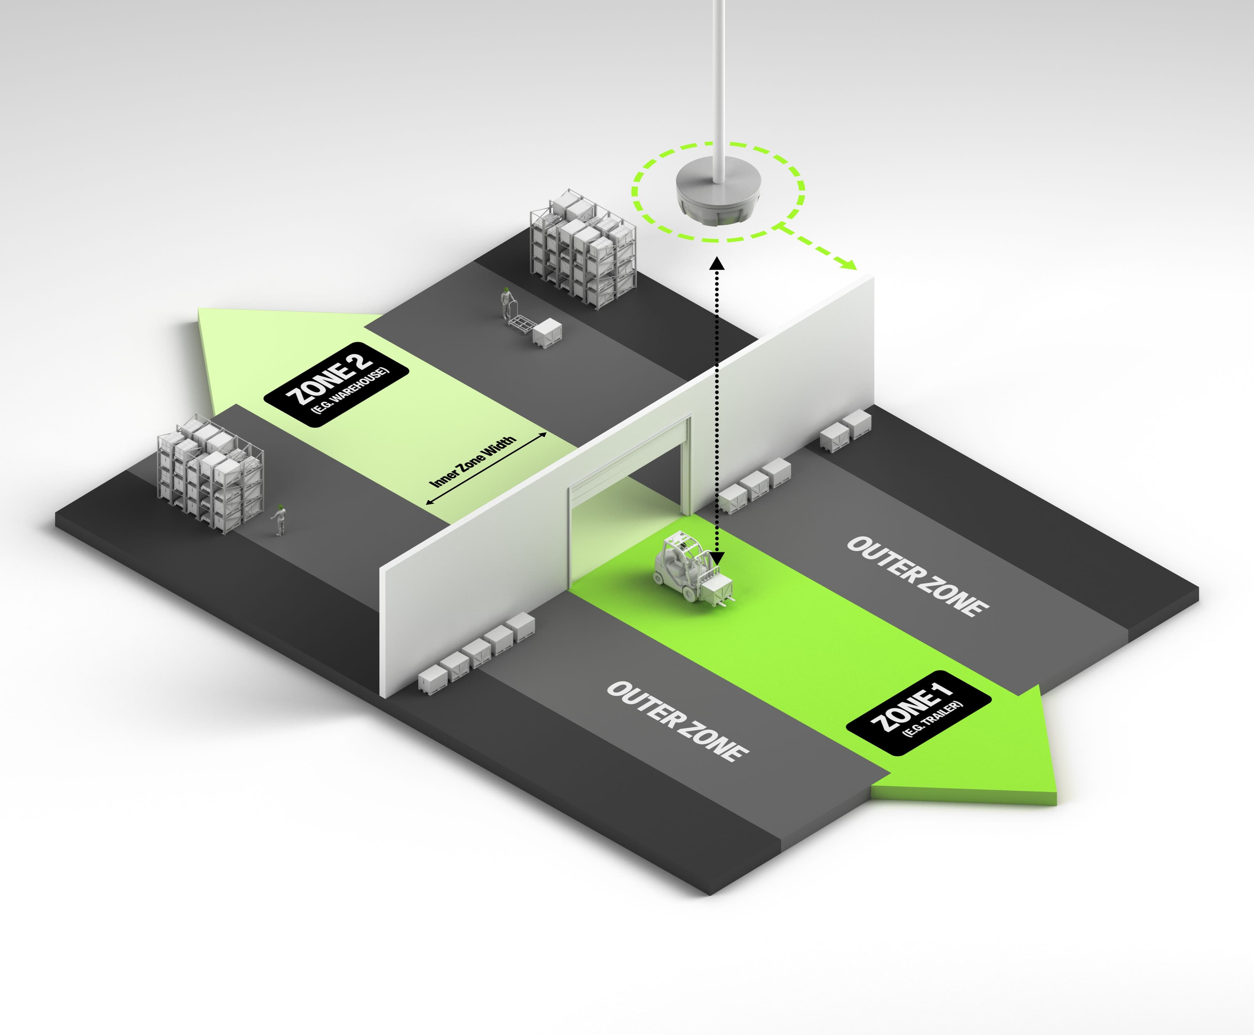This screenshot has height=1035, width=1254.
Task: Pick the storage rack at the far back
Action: click(x=583, y=254)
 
